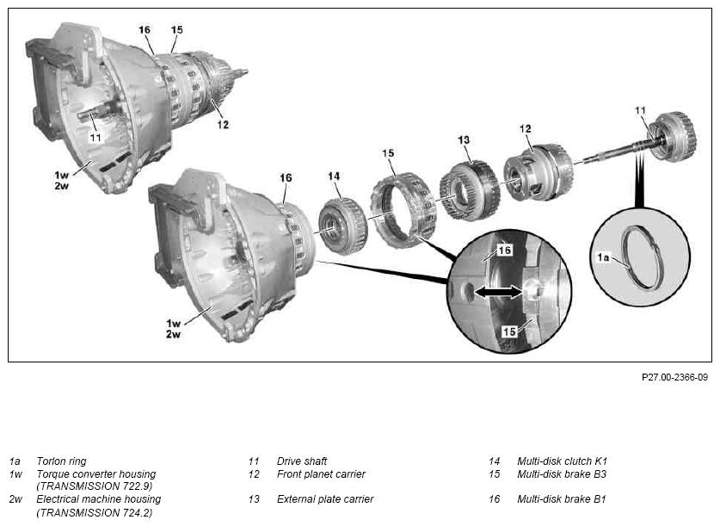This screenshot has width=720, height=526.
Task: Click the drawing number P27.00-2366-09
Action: tap(674, 378)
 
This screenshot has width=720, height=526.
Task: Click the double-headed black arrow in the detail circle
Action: tap(499, 292)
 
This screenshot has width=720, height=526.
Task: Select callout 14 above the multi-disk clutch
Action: tap(334, 176)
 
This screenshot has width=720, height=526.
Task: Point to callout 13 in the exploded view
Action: tap(464, 139)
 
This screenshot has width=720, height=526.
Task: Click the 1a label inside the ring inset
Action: tap(603, 257)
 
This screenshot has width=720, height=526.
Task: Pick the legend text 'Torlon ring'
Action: tap(61, 461)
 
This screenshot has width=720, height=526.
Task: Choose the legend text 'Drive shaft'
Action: tap(302, 461)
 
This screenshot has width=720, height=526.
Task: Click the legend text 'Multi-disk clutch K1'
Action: tap(562, 461)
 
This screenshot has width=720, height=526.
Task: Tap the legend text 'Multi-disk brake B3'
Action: tap(562, 473)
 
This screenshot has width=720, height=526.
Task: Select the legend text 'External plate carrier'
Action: tap(325, 499)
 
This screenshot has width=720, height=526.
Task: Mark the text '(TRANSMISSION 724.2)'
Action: tap(94, 512)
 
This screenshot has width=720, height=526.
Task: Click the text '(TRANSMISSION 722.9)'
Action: tap(94, 486)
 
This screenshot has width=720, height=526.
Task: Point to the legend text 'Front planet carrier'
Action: tap(321, 473)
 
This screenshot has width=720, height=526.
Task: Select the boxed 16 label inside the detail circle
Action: tap(504, 251)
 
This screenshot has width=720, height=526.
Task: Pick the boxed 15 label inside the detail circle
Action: tap(509, 331)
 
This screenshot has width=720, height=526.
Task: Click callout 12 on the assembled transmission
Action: tap(223, 125)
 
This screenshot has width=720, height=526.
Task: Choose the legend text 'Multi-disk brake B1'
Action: tap(562, 499)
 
